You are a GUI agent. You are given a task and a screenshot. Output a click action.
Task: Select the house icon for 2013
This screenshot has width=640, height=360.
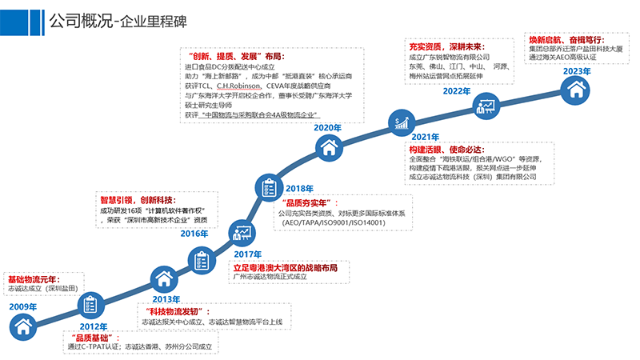tap(164, 278)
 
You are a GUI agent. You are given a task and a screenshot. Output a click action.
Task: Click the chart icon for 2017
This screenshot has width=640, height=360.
tap(242, 234)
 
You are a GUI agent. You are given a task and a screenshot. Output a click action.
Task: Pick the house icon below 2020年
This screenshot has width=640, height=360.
tap(327, 147)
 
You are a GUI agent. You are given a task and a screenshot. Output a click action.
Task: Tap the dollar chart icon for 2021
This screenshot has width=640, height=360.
tap(402, 122)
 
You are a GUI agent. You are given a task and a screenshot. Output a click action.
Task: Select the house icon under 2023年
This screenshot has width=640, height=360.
tap(575, 90)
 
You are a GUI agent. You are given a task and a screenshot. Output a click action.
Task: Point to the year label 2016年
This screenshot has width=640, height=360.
tap(194, 234)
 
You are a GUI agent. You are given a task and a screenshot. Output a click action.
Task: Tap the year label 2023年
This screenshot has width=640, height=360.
tap(577, 71)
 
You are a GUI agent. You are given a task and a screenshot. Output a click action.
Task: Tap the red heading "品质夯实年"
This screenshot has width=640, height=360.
tap(308, 203)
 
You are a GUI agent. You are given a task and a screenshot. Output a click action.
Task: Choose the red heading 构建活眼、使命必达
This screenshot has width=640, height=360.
tap(443, 149)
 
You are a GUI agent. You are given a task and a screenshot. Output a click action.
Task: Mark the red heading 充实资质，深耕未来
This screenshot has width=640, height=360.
tap(452, 46)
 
